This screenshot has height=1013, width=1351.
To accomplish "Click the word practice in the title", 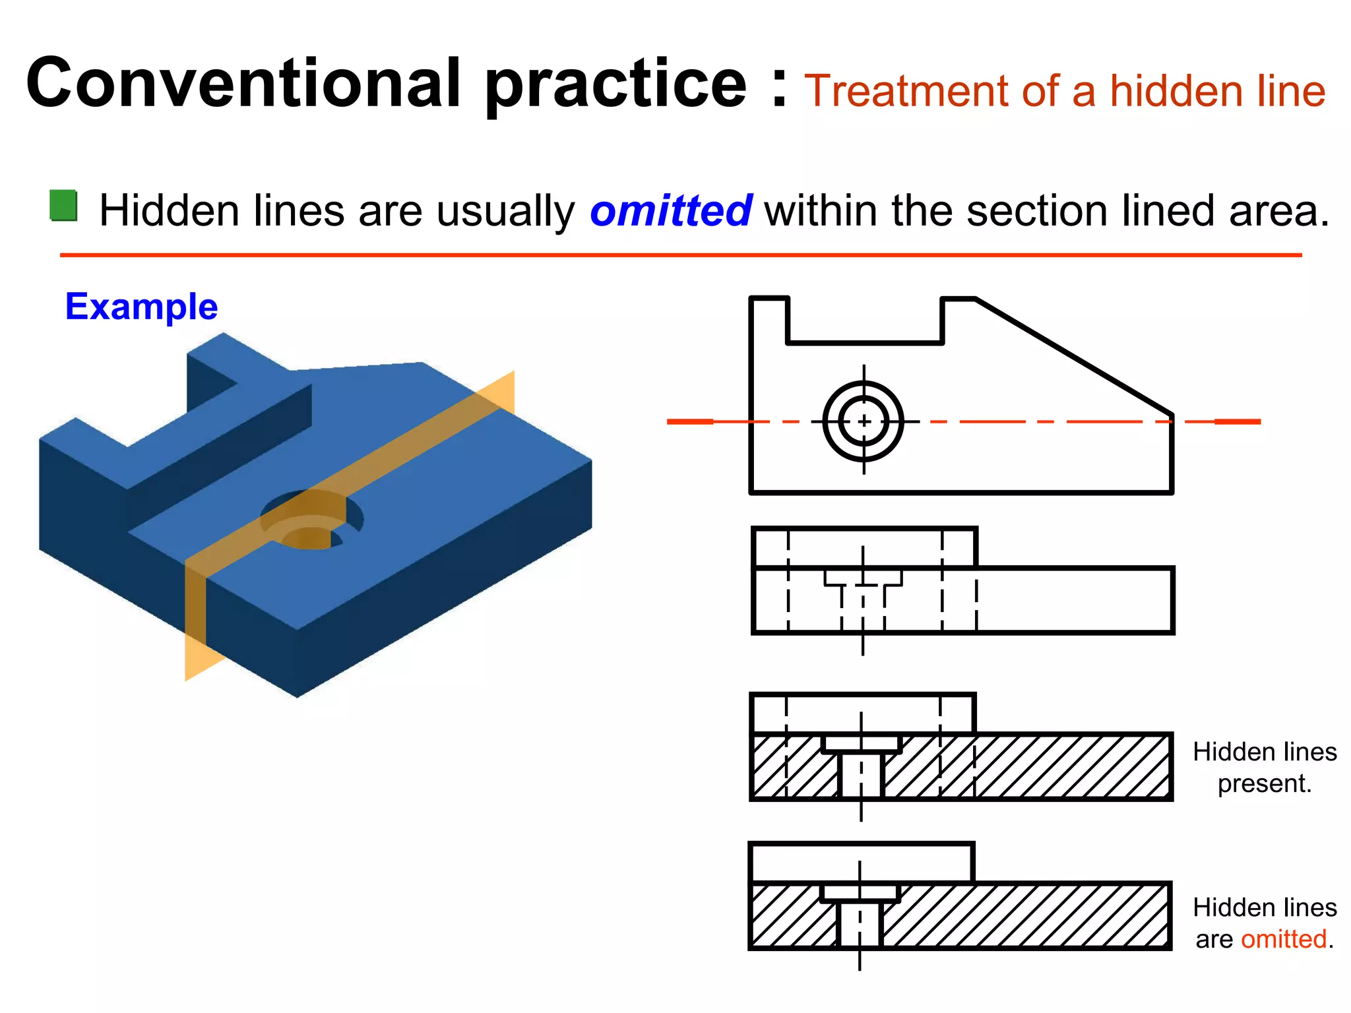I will [x=616, y=86].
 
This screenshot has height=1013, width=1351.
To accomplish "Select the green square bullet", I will [x=64, y=206].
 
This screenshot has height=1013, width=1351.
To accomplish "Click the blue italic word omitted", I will [x=670, y=211].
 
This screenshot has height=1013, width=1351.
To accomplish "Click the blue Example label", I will [x=141, y=307].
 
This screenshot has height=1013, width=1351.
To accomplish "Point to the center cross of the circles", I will [x=864, y=421].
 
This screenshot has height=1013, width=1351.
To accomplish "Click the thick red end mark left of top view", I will [x=689, y=421].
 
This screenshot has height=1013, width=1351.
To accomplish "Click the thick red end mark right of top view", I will [x=1238, y=421].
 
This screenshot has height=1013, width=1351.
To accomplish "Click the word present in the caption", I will [x=1263, y=783].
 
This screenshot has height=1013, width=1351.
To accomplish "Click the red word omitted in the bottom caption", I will [x=1283, y=939].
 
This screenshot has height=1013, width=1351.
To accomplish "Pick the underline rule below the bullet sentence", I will [x=679, y=255].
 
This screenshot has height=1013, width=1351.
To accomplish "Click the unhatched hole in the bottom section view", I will [x=860, y=923].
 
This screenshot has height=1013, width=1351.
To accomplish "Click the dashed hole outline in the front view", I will [x=863, y=603].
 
